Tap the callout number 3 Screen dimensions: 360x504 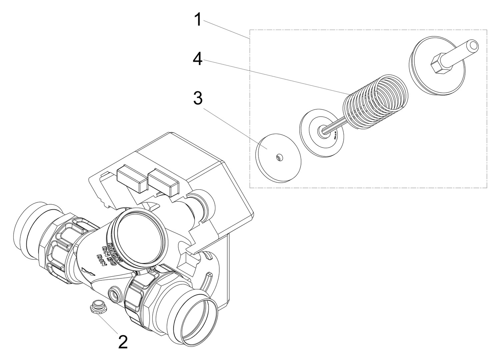click(x=198, y=98)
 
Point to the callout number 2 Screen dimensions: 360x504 click(x=123, y=342)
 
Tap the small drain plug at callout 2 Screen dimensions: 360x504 click(x=98, y=306)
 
